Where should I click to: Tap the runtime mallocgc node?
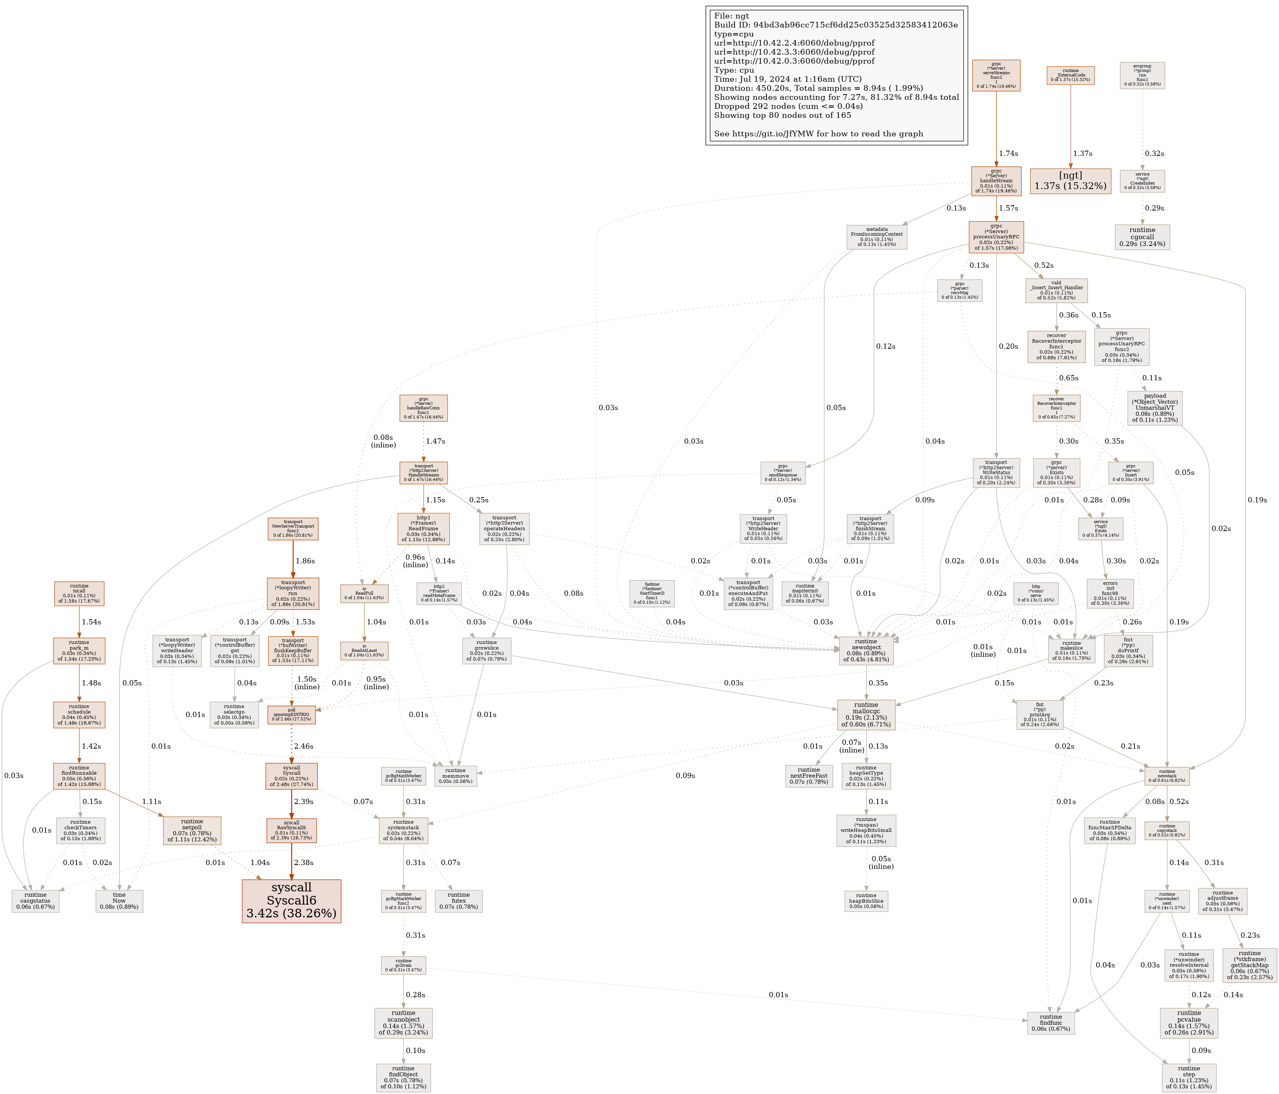[866, 714]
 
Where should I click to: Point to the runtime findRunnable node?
[79, 776]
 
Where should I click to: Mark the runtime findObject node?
[403, 1077]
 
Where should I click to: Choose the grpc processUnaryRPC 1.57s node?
[996, 236]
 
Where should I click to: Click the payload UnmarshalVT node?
[1154, 408]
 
